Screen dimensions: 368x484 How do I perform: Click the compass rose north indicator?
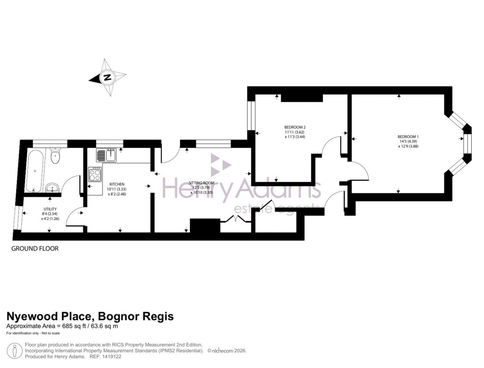(x=108, y=77)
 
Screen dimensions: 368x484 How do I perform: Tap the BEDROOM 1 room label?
(x=408, y=137)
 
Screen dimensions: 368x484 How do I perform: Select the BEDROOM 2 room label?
(x=295, y=127)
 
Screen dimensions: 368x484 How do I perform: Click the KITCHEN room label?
(x=117, y=184)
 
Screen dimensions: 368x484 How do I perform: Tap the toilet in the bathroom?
(x=55, y=156)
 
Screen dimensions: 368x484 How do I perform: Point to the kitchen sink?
(x=106, y=155)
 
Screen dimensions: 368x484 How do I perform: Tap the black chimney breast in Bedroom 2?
(x=302, y=97)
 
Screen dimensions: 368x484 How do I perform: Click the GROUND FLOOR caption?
(x=35, y=249)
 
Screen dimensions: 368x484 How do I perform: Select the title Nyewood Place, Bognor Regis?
(x=89, y=316)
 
